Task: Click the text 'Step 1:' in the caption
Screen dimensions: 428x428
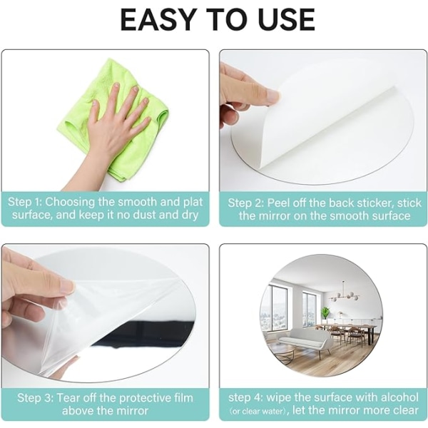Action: click(24, 203)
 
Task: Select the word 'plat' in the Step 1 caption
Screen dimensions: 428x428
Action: click(193, 203)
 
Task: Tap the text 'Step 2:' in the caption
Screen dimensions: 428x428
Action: click(246, 203)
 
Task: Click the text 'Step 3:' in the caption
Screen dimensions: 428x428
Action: click(35, 398)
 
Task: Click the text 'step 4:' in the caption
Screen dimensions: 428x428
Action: click(245, 397)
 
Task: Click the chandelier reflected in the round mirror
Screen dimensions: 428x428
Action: click(345, 292)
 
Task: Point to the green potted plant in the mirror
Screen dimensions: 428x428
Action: click(325, 312)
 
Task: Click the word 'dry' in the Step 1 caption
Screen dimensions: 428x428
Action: click(190, 215)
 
